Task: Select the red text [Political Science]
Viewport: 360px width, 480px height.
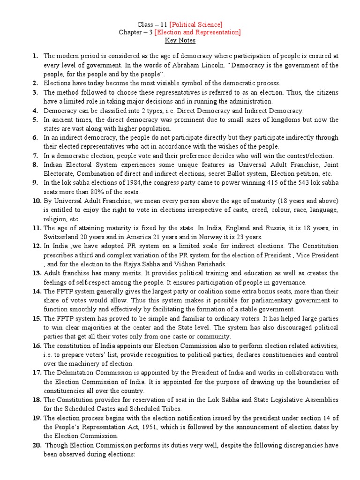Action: [x=196, y=24]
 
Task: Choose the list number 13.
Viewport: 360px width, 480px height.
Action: [x=37, y=273]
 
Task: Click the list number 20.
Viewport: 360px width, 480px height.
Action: [x=37, y=445]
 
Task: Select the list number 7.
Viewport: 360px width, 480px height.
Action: [x=35, y=156]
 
